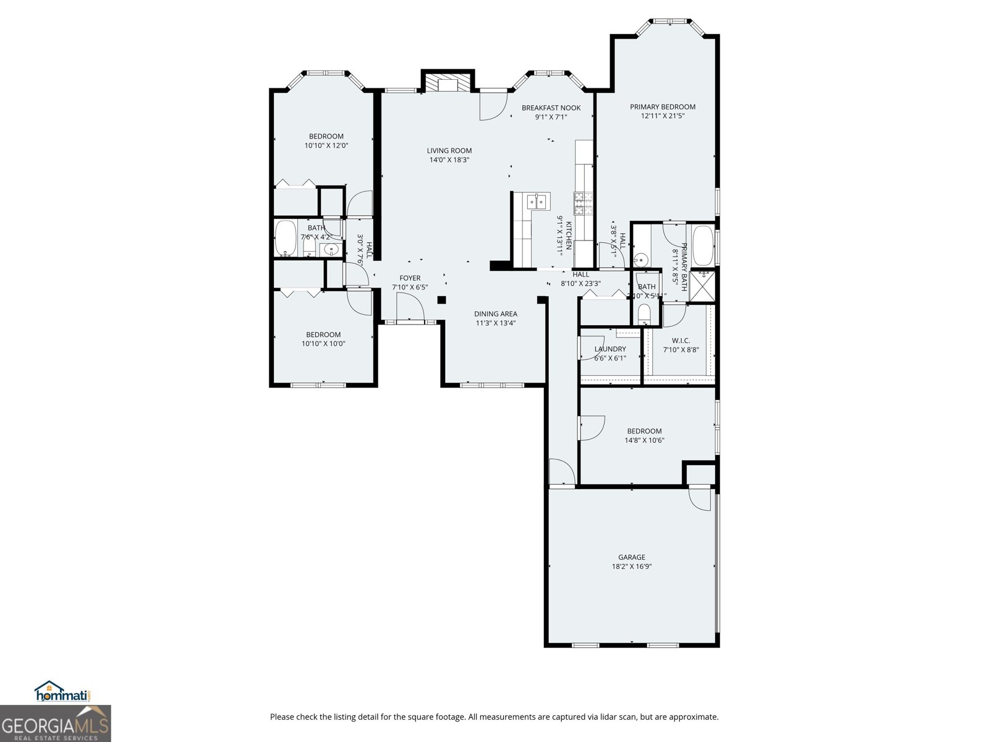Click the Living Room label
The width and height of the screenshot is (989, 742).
click(449, 150)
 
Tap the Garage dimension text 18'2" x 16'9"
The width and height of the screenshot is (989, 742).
click(632, 566)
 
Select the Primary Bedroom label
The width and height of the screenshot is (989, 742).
click(663, 107)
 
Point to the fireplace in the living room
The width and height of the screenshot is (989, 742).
click(448, 84)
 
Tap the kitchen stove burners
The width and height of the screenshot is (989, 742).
click(584, 203)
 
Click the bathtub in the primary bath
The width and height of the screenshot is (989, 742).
click(703, 245)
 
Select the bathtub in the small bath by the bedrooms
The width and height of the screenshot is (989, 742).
click(286, 238)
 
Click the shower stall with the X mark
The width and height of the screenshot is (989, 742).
click(702, 285)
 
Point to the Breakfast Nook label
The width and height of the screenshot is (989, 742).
click(551, 108)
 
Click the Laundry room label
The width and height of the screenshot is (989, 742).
click(610, 349)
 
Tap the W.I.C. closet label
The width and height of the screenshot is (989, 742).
click(681, 341)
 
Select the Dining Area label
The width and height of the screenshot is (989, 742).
click(496, 314)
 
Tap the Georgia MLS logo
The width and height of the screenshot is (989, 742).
click(55, 724)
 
